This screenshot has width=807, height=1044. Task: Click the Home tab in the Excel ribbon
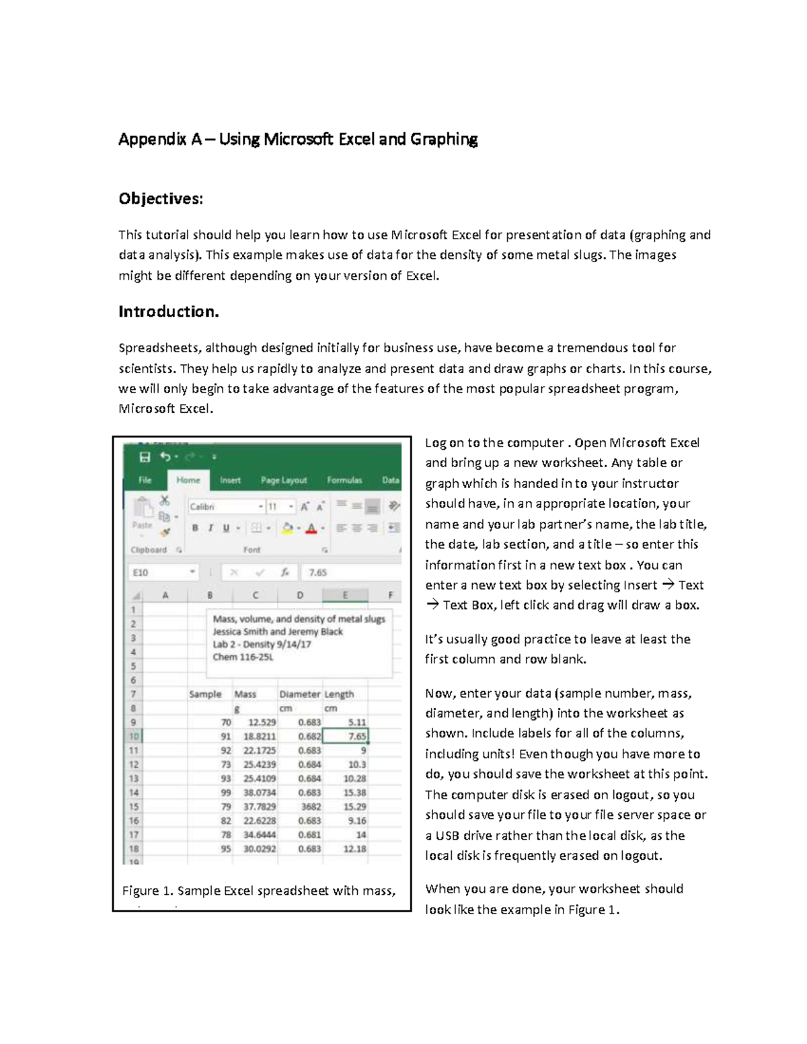(188, 480)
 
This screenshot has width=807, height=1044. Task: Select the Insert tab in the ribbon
(230, 480)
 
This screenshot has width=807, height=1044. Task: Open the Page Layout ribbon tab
(283, 480)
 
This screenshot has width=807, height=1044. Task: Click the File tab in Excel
(145, 480)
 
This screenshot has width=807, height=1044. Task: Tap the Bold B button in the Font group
(195, 528)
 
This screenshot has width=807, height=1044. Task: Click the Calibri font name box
(222, 506)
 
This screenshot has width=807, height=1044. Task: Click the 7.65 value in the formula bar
(317, 573)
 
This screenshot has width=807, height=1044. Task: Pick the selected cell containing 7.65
(345, 736)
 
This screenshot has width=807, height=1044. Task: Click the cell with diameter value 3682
(300, 807)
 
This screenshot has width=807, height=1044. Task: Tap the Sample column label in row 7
(205, 694)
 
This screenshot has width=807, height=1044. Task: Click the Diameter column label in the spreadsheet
(299, 694)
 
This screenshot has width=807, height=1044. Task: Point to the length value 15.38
(345, 793)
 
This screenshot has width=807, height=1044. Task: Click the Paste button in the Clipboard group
(142, 514)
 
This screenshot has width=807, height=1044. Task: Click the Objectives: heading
(160, 199)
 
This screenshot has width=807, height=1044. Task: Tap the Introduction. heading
(169, 312)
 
